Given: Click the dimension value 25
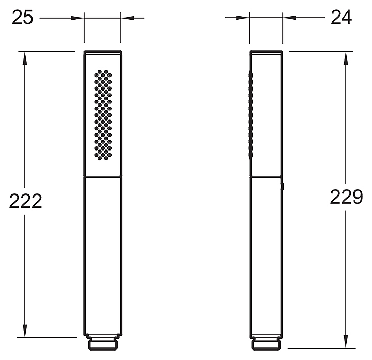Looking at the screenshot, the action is pyautogui.click(x=22, y=18).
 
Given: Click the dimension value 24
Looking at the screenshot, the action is pyautogui.click(x=341, y=18).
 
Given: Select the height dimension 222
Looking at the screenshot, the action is pyautogui.click(x=25, y=201).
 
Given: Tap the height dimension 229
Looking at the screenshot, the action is pyautogui.click(x=346, y=197).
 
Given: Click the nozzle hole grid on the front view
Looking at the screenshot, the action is pyautogui.click(x=103, y=115).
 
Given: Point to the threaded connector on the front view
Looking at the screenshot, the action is pyautogui.click(x=103, y=342).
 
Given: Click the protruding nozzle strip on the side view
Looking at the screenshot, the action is pyautogui.click(x=250, y=115).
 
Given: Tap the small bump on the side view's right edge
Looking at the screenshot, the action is pyautogui.click(x=282, y=186).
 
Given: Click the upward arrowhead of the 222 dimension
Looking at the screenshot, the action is pyautogui.click(x=25, y=58).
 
